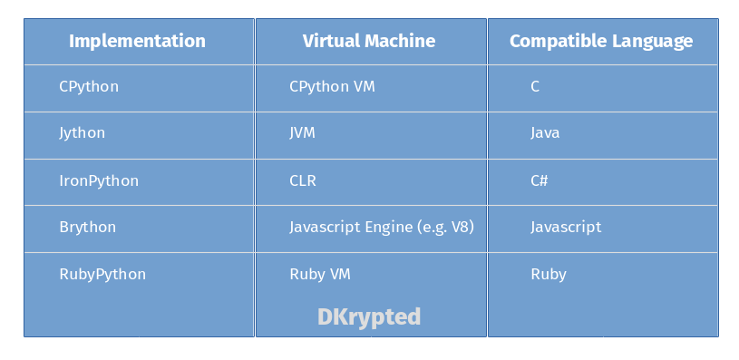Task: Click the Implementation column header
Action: click(137, 41)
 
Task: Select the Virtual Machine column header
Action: click(368, 41)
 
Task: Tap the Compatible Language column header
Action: click(600, 41)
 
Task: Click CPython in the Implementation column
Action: click(89, 87)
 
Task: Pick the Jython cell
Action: click(83, 133)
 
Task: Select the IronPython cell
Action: click(99, 180)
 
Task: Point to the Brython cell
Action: click(88, 227)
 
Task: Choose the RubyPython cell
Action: click(102, 274)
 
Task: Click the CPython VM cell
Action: click(332, 87)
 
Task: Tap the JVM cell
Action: click(303, 133)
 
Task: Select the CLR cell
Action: click(303, 180)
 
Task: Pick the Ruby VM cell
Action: click(320, 274)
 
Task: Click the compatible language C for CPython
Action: click(535, 87)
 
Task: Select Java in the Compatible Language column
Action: click(545, 133)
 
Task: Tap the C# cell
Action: click(540, 180)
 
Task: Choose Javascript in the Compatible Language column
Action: click(566, 227)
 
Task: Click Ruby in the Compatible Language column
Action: click(549, 274)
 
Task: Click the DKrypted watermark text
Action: click(369, 316)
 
